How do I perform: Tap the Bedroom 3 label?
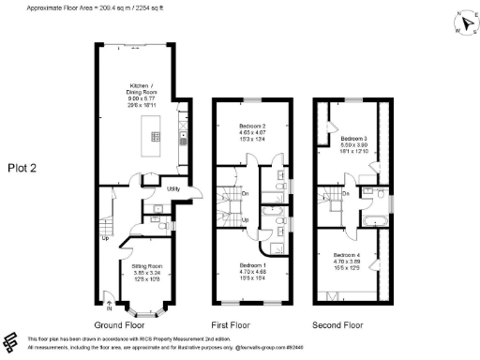(x=353, y=141)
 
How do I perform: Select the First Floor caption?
(x=252, y=324)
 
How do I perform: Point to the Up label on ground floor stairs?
(x=105, y=236)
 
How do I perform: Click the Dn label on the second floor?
(x=346, y=193)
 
